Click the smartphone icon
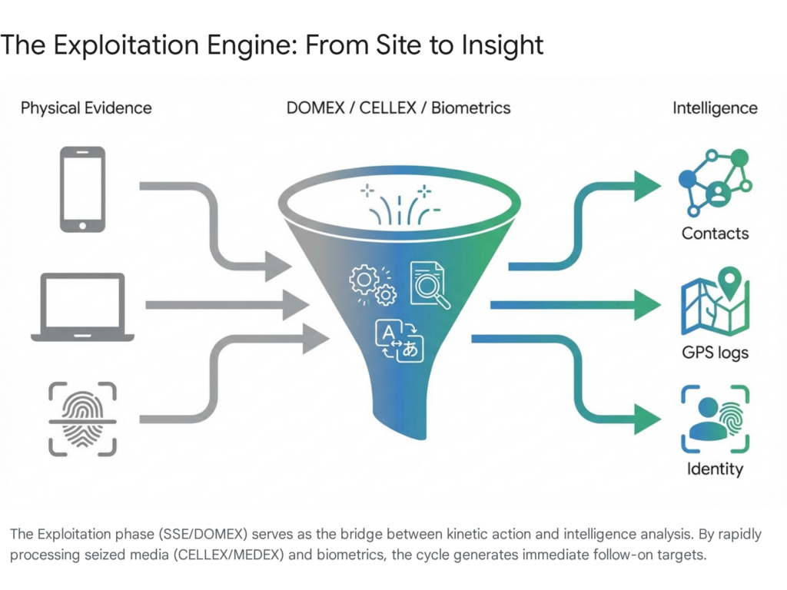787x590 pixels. [82, 189]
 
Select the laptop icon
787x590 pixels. [82, 307]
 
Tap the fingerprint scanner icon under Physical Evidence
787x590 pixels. [82, 419]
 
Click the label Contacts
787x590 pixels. [715, 233]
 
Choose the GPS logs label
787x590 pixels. [715, 353]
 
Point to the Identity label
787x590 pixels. [715, 469]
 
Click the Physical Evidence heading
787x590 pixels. [86, 108]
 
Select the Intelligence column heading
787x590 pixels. [715, 108]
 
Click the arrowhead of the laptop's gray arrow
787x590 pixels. [295, 305]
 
